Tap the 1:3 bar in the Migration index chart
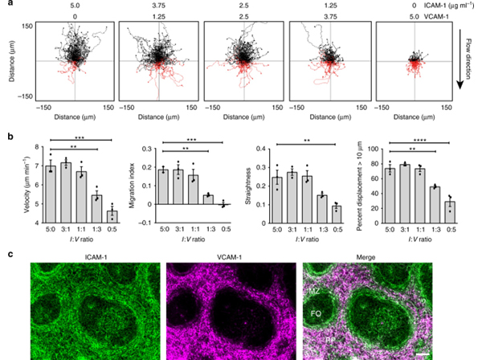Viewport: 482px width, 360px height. point(209,199)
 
